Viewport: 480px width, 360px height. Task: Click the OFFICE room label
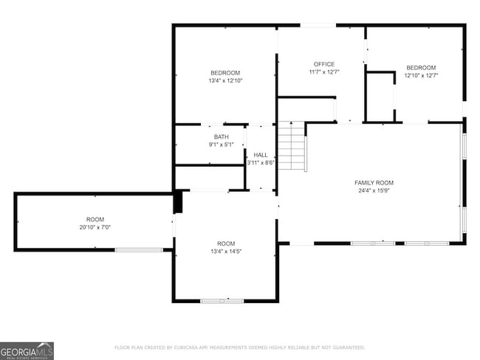coord(323,64)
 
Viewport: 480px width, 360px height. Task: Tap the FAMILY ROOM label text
coord(374,182)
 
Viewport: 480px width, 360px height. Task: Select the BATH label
coord(221,136)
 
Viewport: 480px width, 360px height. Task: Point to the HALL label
coord(261,155)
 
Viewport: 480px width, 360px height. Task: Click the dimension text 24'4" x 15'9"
coord(374,190)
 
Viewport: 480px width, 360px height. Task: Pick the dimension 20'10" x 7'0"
coord(95,227)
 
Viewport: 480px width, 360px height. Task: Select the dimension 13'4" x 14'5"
coord(225,252)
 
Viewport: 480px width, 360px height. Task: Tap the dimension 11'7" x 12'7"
coord(323,72)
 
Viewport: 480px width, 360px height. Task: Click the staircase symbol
coord(292,146)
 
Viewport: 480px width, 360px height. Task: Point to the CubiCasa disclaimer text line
coord(239,347)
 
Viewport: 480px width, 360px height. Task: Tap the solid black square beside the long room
coord(177,202)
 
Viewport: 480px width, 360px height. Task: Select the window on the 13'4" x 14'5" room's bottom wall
coord(222,300)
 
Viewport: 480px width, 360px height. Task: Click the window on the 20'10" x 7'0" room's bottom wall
coord(139,250)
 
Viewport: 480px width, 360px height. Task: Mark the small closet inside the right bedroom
coord(380,97)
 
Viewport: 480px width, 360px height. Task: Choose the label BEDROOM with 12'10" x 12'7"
coord(420,67)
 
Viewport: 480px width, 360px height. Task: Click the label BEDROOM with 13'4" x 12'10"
coord(225,72)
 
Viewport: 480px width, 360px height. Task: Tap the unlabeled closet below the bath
coord(210,178)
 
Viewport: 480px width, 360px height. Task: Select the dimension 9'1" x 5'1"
coord(221,145)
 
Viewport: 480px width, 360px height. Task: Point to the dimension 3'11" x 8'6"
coord(261,162)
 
